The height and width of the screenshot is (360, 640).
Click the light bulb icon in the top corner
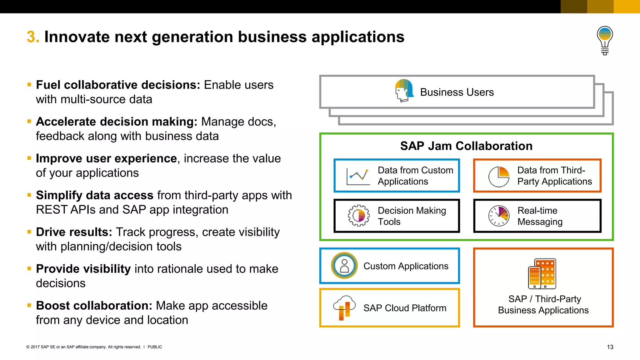[x=605, y=40]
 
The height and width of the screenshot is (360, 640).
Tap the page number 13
[x=610, y=347]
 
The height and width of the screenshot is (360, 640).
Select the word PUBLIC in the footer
[x=155, y=347]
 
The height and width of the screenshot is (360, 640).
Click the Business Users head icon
[x=404, y=91]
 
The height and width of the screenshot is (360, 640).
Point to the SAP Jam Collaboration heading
[x=466, y=146]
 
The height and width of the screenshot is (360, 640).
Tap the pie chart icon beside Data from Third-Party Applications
[x=499, y=176]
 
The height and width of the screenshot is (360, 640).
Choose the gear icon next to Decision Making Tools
[x=358, y=216]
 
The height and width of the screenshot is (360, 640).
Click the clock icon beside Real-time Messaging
[x=499, y=216]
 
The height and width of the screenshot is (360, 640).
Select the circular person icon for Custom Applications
[x=344, y=266]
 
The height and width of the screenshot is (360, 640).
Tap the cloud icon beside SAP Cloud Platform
[x=344, y=307]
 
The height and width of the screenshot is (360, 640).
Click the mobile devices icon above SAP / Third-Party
[x=542, y=273]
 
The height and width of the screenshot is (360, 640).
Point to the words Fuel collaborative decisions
[x=118, y=85]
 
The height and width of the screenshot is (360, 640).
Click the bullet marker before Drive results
[x=29, y=232]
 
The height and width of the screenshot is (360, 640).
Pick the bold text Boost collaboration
[x=94, y=306]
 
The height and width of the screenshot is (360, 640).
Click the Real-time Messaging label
[x=540, y=216]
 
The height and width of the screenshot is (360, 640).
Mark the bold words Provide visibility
[x=83, y=269]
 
